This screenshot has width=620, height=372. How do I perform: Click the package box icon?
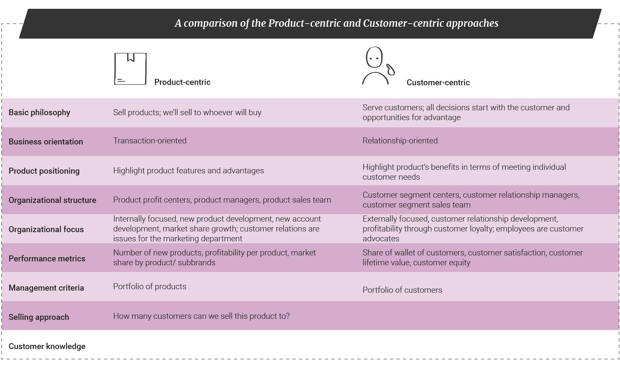pyautogui.click(x=130, y=69)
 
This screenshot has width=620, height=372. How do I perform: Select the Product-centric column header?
pyautogui.click(x=182, y=82)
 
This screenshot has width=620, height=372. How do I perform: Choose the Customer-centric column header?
pyautogui.click(x=438, y=82)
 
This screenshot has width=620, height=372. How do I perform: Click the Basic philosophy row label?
pyautogui.click(x=39, y=112)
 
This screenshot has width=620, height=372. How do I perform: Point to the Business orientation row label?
pyautogui.click(x=46, y=142)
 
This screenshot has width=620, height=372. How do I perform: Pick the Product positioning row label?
pyautogui.click(x=44, y=171)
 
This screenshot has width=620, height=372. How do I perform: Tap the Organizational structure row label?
pyautogui.click(x=52, y=200)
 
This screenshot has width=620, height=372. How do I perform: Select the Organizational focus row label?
pyautogui.click(x=46, y=229)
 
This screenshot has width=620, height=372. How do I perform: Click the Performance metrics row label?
pyautogui.click(x=47, y=259)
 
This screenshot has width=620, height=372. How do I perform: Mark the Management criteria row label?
pyautogui.click(x=46, y=288)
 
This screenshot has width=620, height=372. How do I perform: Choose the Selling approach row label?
pyautogui.click(x=39, y=317)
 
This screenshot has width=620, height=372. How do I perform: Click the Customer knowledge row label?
pyautogui.click(x=47, y=346)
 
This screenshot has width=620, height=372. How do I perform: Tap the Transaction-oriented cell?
pyautogui.click(x=150, y=141)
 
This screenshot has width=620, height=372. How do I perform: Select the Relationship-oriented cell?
pyautogui.click(x=400, y=141)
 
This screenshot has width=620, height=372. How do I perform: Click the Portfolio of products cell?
pyautogui.click(x=150, y=286)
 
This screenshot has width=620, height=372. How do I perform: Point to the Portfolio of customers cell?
pyautogui.click(x=402, y=290)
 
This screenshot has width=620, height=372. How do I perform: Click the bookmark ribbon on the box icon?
pyautogui.click(x=131, y=57)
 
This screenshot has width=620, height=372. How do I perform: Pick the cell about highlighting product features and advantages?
pyautogui.click(x=188, y=170)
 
